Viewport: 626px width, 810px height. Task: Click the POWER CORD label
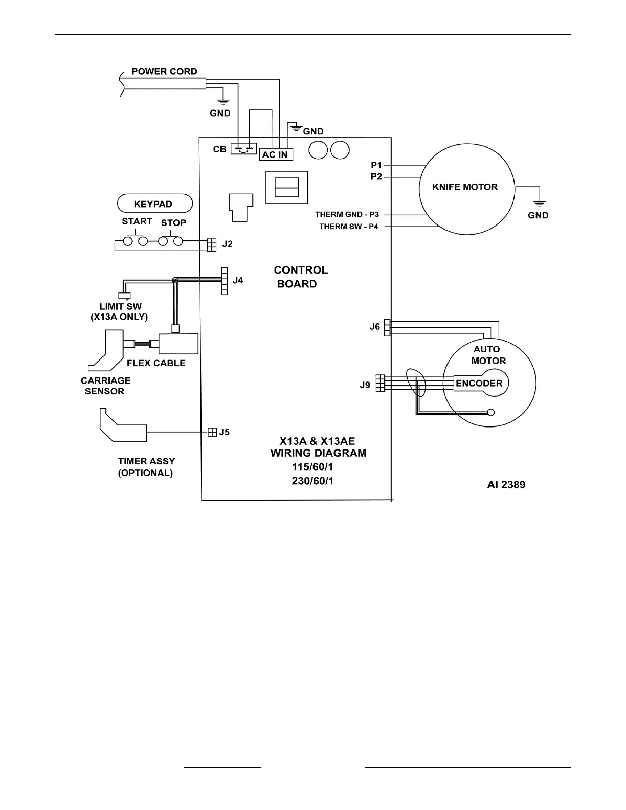pyautogui.click(x=164, y=71)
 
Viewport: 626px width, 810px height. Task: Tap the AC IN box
pyautogui.click(x=276, y=154)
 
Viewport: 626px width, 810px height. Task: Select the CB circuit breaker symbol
pyautogui.click(x=243, y=149)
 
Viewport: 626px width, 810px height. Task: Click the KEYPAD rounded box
pyautogui.click(x=155, y=204)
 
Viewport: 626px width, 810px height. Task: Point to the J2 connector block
pyautogui.click(x=211, y=245)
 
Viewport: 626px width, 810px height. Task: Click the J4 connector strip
pyautogui.click(x=225, y=281)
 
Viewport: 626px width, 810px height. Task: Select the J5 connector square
pyautogui.click(x=212, y=432)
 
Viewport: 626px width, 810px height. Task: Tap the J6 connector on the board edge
pyautogui.click(x=387, y=328)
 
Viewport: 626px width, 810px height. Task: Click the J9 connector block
pyautogui.click(x=381, y=383)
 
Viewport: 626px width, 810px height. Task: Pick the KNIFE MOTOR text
pyautogui.click(x=465, y=187)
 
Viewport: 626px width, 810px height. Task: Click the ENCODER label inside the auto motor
pyautogui.click(x=479, y=383)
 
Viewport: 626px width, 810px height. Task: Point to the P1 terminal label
pyautogui.click(x=376, y=165)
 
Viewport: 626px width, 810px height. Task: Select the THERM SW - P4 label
pyautogui.click(x=349, y=226)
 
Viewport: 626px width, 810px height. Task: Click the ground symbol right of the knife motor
pyautogui.click(x=539, y=204)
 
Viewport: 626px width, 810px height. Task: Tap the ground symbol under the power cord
pyautogui.click(x=223, y=101)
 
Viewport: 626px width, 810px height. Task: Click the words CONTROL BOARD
pyautogui.click(x=301, y=277)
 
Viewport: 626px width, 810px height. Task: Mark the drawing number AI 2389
pyautogui.click(x=506, y=485)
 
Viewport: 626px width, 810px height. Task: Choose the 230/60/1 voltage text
pyautogui.click(x=312, y=481)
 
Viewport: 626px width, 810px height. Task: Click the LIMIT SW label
pyautogui.click(x=120, y=306)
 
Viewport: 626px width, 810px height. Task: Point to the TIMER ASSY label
pyautogui.click(x=146, y=461)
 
